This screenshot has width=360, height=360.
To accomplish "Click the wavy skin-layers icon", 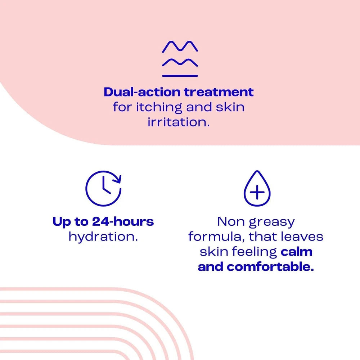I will [x=180, y=59].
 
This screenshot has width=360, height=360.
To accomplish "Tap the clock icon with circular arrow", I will [x=104, y=188].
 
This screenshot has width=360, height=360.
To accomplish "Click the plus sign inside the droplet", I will [x=257, y=193].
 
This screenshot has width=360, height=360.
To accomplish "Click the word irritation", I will [x=179, y=122].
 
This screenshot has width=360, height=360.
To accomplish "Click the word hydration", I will [x=103, y=237].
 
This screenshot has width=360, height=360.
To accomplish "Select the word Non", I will [x=230, y=222].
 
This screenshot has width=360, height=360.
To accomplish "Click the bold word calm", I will [x=296, y=252].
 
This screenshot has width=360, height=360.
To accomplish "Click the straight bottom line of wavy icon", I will [x=180, y=76].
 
